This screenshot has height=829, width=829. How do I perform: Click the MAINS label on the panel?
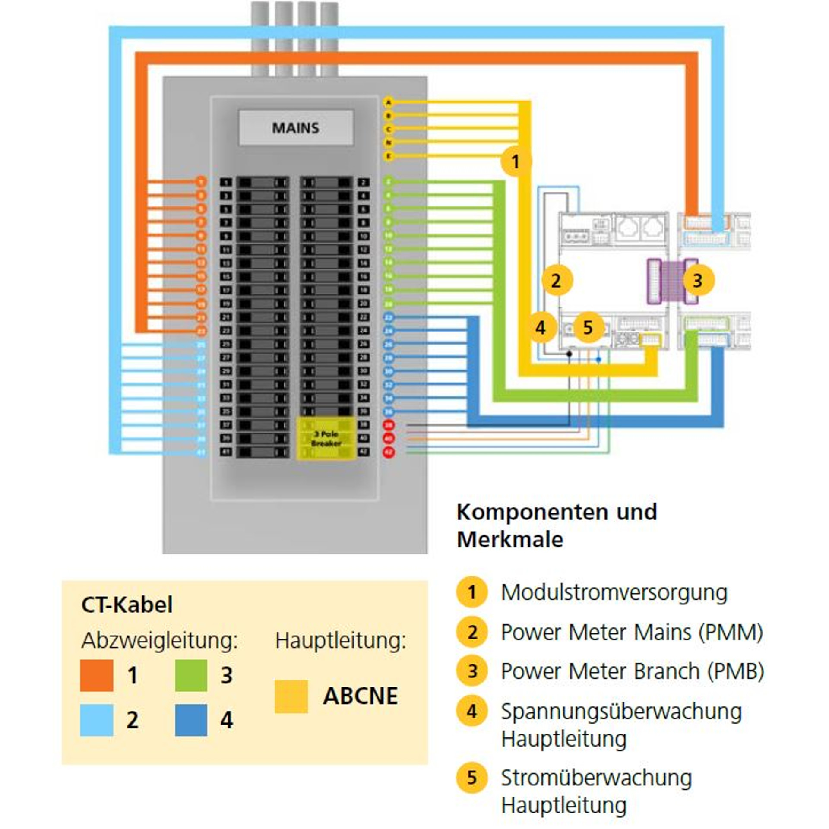tap(296, 128)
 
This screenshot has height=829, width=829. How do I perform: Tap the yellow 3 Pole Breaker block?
tap(326, 438)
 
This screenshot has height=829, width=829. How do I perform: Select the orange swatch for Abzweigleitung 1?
tap(97, 675)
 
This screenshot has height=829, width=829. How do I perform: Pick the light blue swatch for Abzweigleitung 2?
tap(97, 720)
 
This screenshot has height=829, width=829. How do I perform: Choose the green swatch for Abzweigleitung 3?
tap(191, 675)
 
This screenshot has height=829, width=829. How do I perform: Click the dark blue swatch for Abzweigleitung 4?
tap(191, 720)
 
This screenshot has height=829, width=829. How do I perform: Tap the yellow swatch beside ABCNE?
tap(291, 696)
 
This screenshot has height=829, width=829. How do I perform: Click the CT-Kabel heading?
tap(127, 604)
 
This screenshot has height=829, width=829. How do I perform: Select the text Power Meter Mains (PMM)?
tap(632, 632)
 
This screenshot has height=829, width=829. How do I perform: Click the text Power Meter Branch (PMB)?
tap(633, 671)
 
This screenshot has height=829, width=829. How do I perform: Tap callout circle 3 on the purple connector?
tap(698, 281)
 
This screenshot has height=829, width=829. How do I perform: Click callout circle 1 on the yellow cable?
tap(516, 162)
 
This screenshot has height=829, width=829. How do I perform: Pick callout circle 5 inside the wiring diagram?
tap(588, 327)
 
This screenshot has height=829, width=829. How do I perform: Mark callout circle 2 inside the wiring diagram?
tap(556, 281)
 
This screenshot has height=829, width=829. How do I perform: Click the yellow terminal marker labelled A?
tap(388, 102)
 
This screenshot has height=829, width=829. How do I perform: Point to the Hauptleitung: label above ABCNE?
tap(341, 640)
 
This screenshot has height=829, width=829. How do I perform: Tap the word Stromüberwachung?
tap(596, 778)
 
